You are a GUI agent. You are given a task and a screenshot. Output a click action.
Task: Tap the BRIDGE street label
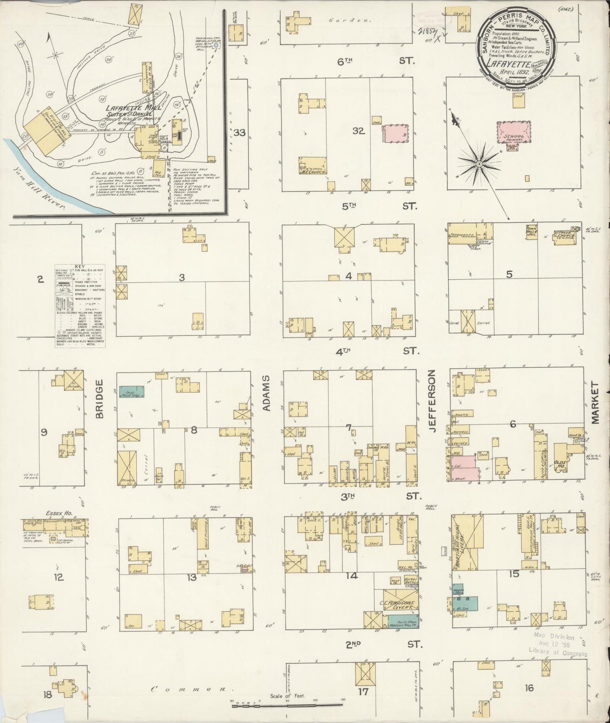[99, 399]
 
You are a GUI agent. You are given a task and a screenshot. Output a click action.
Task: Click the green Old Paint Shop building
[131, 391]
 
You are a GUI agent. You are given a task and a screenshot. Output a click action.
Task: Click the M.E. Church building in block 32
[313, 166]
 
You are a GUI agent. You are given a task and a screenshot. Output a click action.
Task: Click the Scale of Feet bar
[287, 702]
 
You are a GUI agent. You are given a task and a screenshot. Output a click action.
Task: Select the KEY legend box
[80, 307]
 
